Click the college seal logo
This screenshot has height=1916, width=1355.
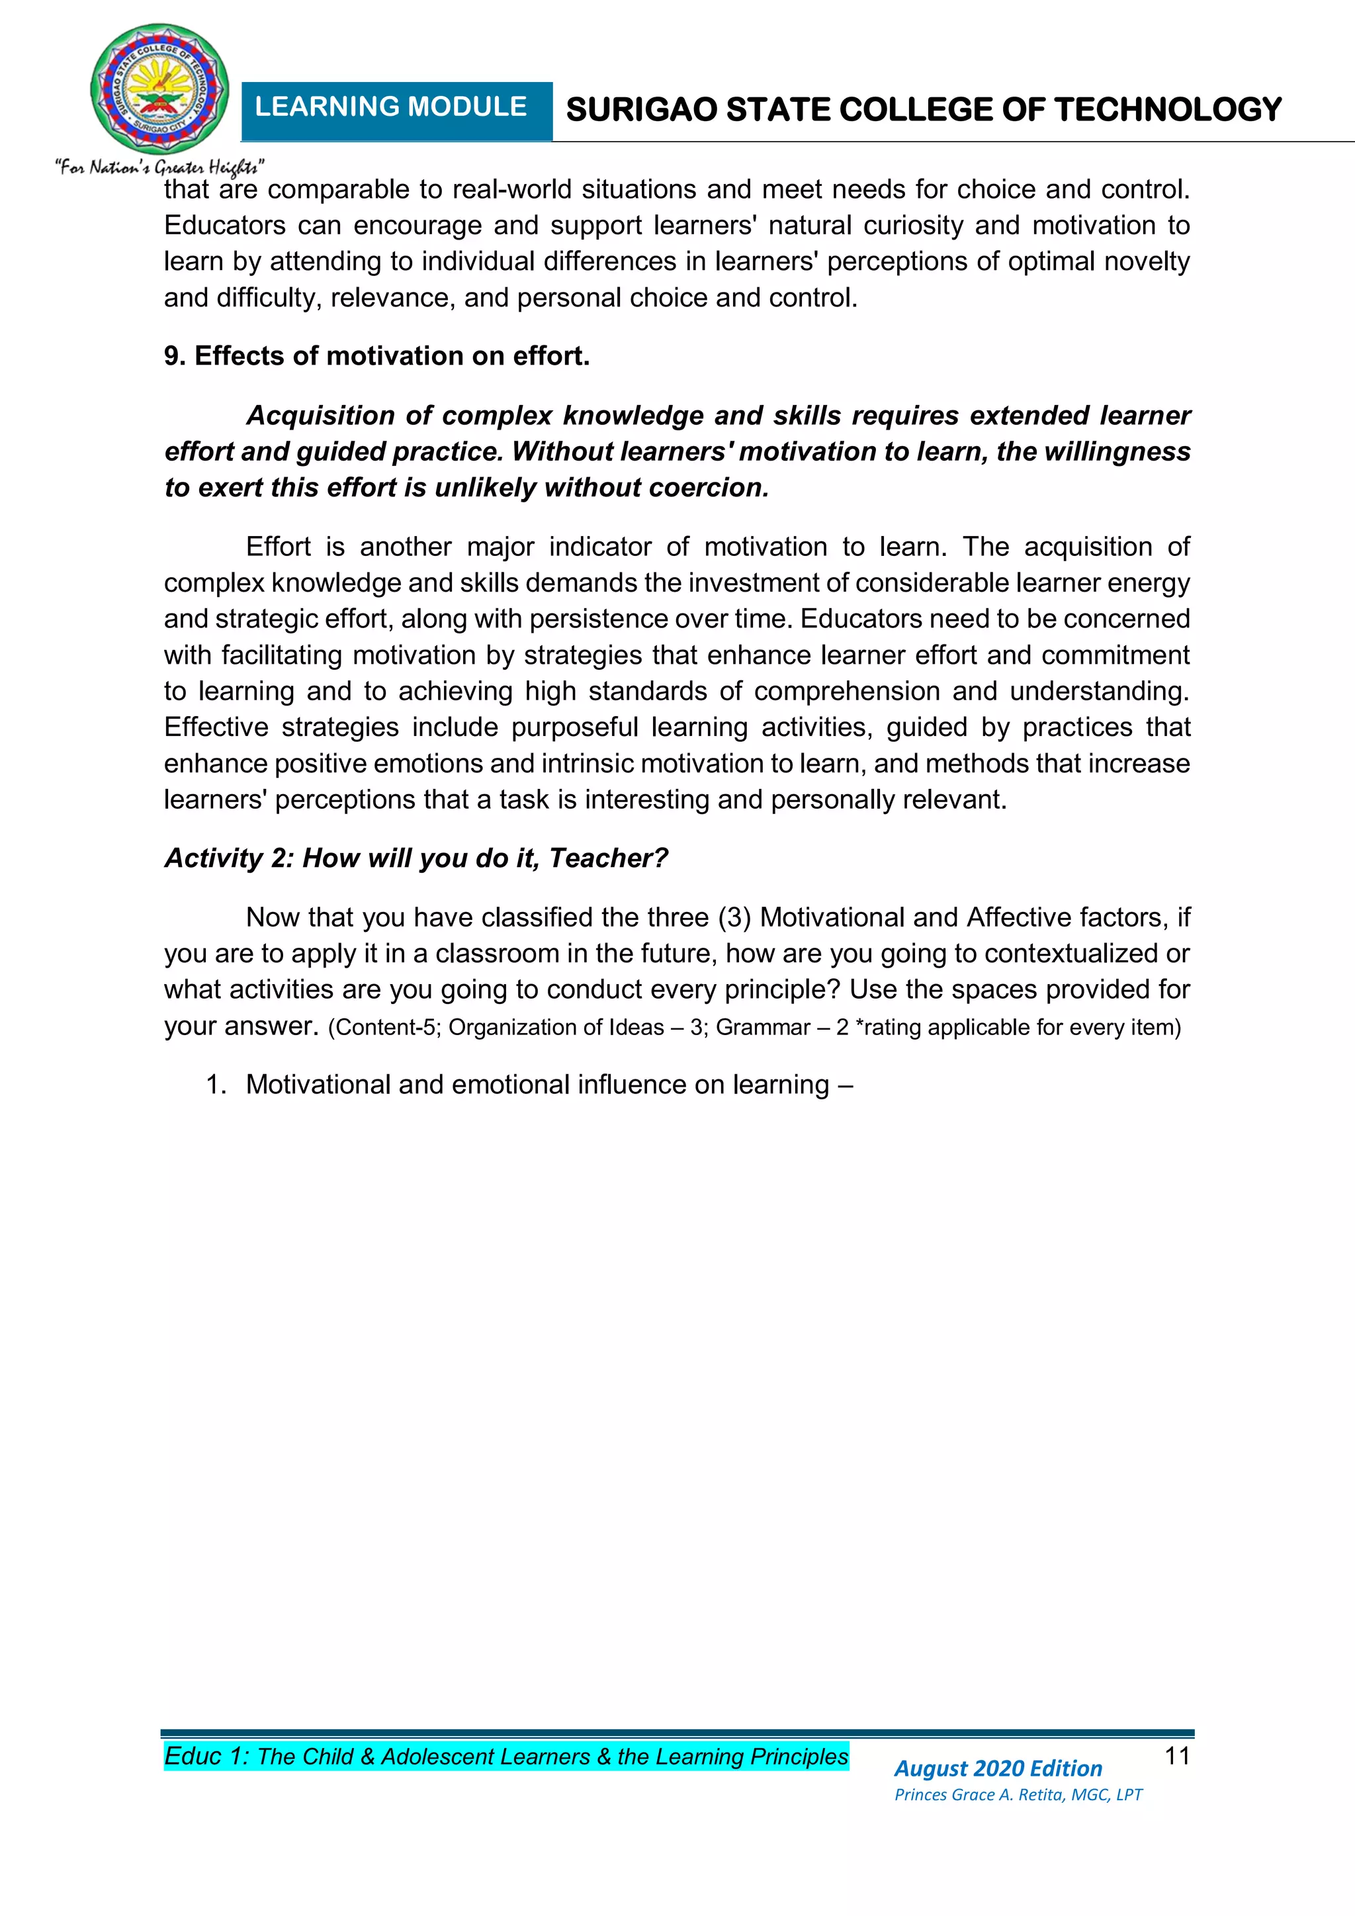coord(159,89)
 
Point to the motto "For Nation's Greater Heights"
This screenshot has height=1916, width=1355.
coord(159,167)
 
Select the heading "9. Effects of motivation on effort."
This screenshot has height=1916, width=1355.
coord(377,356)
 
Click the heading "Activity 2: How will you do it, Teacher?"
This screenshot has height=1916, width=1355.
coord(416,858)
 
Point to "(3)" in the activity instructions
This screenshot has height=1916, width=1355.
coord(734,917)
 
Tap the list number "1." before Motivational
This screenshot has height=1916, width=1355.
coord(216,1085)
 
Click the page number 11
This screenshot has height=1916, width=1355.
coord(1176,1756)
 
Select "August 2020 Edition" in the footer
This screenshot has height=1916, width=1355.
coord(998,1768)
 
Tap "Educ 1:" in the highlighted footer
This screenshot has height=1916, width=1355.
coord(207,1756)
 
